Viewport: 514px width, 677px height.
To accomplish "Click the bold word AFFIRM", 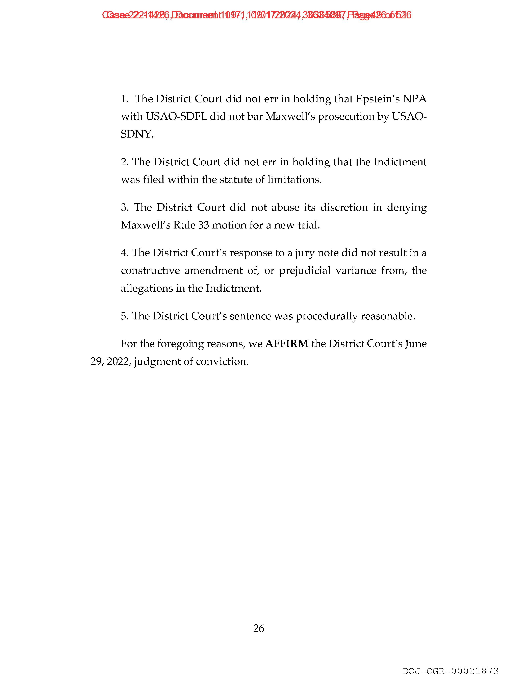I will point(286,344).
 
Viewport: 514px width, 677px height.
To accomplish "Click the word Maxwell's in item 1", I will point(290,117).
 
